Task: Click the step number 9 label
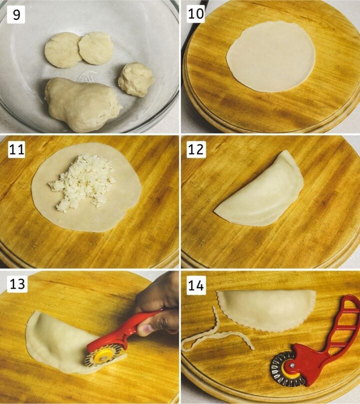16,14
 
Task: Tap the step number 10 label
195,13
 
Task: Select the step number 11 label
16,149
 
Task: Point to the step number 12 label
196,149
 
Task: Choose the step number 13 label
17,284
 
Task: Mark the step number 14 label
196,285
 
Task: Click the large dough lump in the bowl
82,104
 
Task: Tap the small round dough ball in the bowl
136,79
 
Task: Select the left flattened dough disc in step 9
63,50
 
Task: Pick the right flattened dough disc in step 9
95,48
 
